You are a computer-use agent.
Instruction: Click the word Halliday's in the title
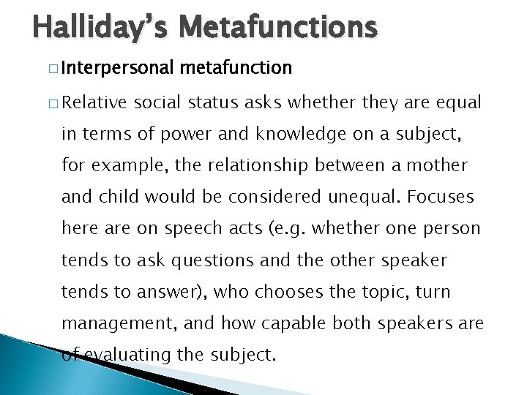tap(96, 28)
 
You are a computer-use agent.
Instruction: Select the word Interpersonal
tap(118, 68)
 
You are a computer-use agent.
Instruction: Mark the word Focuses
tap(441, 197)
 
